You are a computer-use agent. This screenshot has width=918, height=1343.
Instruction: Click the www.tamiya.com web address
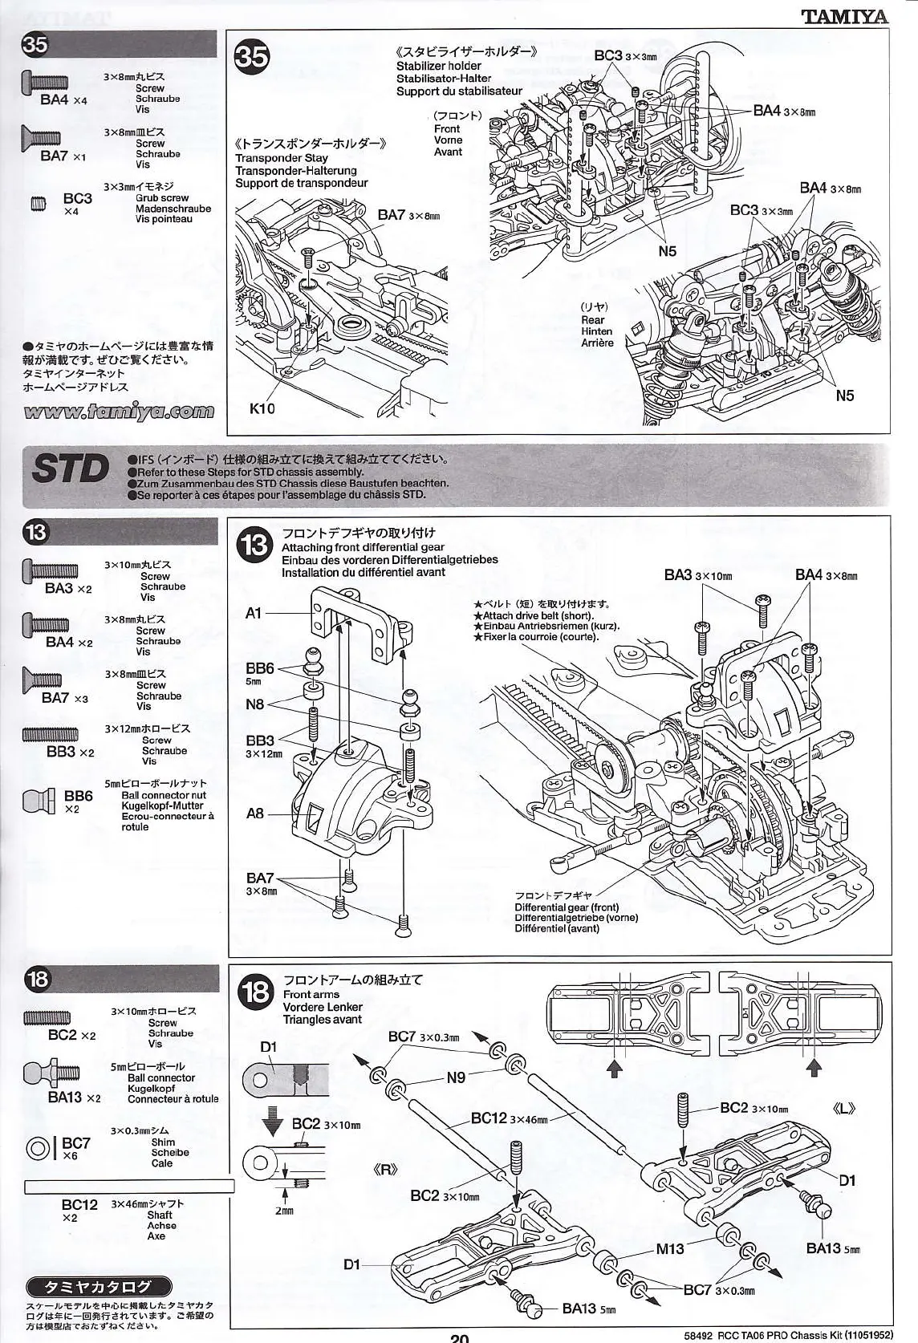click(120, 412)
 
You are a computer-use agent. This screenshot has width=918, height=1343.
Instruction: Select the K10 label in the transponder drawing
click(262, 408)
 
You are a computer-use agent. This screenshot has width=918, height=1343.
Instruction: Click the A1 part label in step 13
click(254, 613)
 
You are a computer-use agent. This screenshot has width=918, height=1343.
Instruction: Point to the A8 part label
click(254, 814)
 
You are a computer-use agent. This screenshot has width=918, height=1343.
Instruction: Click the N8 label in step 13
click(254, 704)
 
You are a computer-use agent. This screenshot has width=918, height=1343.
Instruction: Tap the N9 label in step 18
click(456, 1077)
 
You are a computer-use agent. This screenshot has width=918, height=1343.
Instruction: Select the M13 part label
click(669, 1248)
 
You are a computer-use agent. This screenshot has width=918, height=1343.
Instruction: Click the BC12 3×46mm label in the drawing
click(509, 1118)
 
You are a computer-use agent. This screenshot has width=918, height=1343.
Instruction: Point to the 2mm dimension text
click(284, 1211)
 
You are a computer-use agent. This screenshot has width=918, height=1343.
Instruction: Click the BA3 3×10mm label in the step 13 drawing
click(697, 575)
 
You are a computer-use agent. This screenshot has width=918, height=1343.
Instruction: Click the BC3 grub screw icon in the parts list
click(39, 204)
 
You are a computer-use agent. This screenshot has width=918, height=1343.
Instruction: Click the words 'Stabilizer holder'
click(438, 66)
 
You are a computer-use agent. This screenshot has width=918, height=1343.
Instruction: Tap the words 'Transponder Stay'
click(281, 158)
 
